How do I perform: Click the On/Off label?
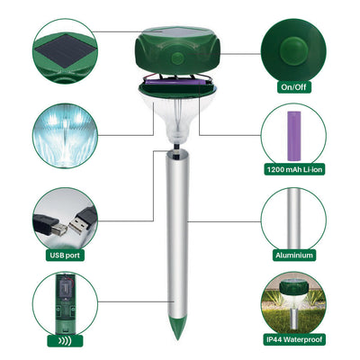(x=293, y=87)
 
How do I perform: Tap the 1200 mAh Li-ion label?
(x=294, y=169)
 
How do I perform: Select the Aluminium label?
(x=294, y=256)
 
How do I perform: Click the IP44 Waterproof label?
(x=294, y=339)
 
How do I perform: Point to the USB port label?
(x=65, y=256)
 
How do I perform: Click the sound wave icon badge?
(x=65, y=341)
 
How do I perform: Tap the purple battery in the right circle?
(x=294, y=136)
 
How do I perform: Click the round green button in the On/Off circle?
(x=293, y=49)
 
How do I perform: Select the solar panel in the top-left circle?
(x=67, y=50)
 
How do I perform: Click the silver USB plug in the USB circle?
(x=81, y=220)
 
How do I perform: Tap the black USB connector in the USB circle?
(x=49, y=225)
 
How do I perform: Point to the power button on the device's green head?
(x=177, y=58)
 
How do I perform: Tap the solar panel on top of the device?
(x=177, y=31)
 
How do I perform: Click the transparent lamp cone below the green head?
(x=177, y=120)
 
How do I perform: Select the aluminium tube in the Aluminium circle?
(x=294, y=220)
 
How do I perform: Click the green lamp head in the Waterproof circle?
(x=293, y=287)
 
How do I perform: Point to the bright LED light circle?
(x=65, y=136)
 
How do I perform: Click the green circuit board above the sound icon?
(x=65, y=303)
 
